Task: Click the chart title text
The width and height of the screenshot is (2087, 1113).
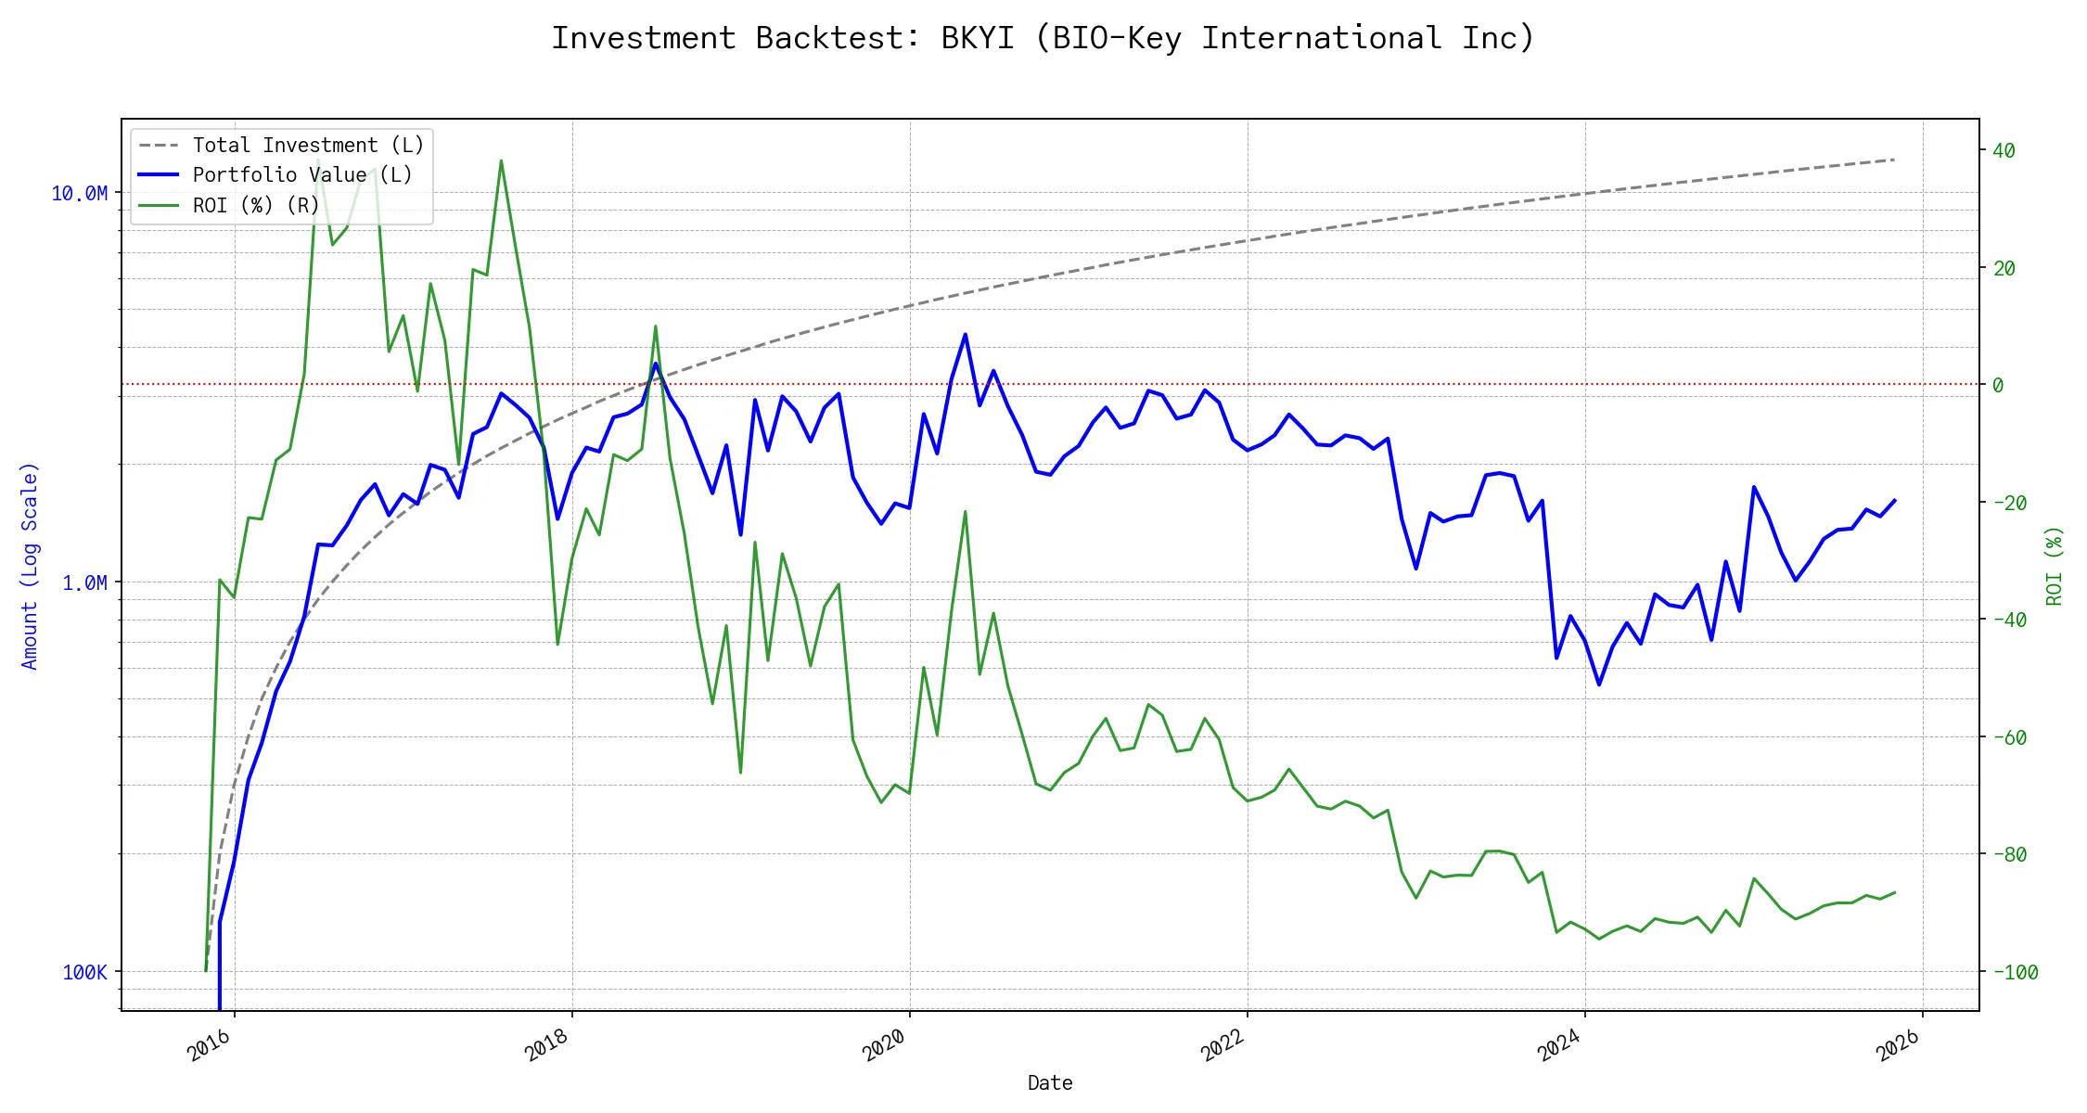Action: click(1043, 38)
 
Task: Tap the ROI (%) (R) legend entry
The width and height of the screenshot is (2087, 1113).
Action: click(256, 205)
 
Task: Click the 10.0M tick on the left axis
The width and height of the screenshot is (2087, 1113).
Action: click(79, 193)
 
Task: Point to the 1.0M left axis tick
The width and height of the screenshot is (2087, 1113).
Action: click(84, 582)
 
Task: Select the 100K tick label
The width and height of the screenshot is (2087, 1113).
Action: click(84, 972)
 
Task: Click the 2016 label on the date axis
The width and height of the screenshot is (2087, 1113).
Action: click(210, 1046)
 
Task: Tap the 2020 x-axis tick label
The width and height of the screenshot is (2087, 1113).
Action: click(884, 1046)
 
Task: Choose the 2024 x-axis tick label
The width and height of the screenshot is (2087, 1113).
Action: click(1559, 1046)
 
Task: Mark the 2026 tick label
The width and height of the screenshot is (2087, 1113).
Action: click(1898, 1046)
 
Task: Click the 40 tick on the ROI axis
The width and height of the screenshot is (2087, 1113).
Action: click(2004, 150)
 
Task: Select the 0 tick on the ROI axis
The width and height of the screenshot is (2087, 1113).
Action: click(1998, 385)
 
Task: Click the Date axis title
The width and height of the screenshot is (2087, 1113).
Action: click(1050, 1082)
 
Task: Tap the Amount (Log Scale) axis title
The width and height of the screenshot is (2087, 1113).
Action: click(30, 566)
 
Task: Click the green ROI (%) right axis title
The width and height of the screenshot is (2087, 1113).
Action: click(2055, 566)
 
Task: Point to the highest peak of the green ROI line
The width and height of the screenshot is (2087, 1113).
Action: click(501, 160)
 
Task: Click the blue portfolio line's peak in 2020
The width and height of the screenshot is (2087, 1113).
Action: click(965, 334)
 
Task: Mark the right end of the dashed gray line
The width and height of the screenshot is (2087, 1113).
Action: click(1894, 160)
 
